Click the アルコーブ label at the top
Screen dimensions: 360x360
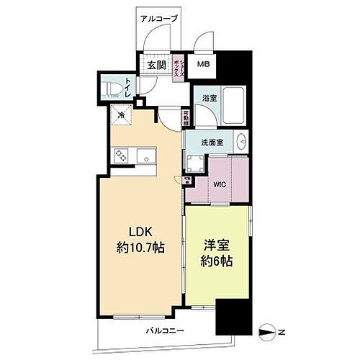tap(159, 18)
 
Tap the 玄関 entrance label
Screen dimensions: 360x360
tap(156, 66)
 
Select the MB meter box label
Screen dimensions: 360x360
tap(204, 64)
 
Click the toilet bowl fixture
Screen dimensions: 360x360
tap(113, 89)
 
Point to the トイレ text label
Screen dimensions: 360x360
tap(128, 88)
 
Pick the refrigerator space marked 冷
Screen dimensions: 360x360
tap(122, 114)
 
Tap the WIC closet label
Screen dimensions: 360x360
tap(220, 184)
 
